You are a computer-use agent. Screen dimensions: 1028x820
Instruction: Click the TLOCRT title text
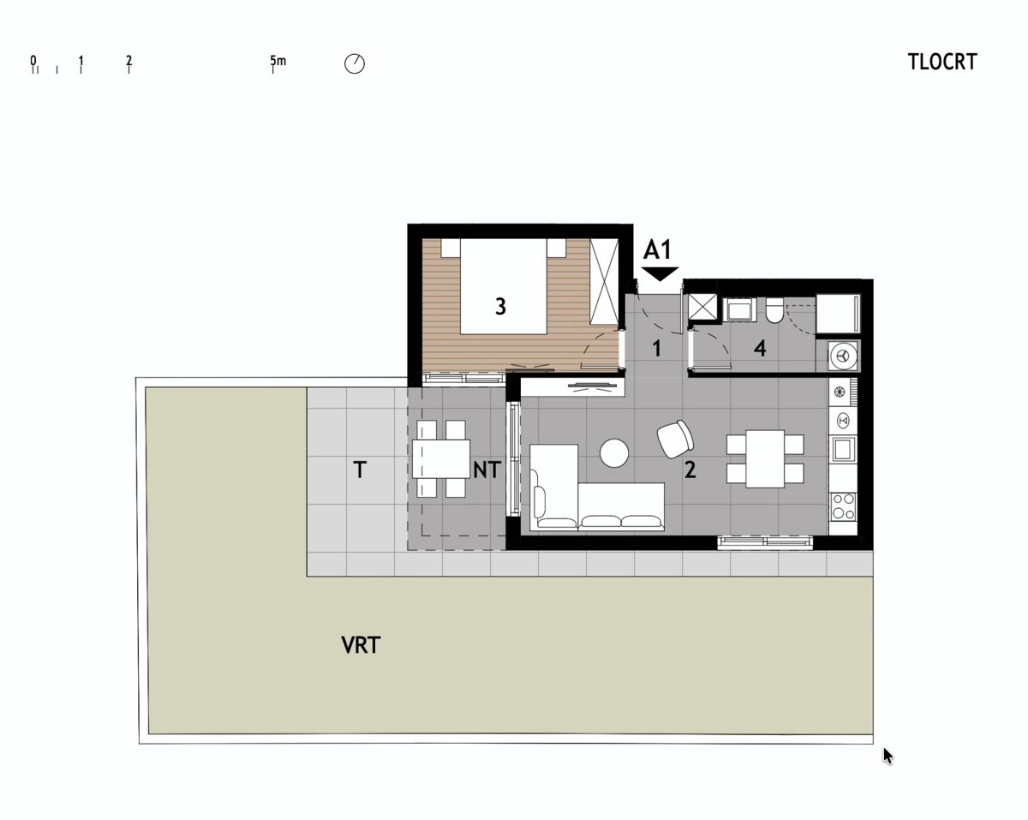(942, 62)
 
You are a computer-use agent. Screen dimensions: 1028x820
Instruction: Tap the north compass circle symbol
(355, 63)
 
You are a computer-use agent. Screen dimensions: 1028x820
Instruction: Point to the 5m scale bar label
(278, 61)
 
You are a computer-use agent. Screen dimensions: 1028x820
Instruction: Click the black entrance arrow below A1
(660, 274)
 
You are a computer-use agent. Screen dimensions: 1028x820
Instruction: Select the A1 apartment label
(657, 249)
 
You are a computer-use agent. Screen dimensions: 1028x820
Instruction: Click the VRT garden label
(361, 645)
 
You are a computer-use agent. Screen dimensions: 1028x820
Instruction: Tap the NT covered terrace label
(487, 470)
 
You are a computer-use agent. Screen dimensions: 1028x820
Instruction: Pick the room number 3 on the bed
(500, 306)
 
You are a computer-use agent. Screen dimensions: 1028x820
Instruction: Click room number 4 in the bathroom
(760, 349)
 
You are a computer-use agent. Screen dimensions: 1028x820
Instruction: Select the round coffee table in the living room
(614, 453)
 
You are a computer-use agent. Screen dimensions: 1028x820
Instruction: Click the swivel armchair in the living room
(675, 439)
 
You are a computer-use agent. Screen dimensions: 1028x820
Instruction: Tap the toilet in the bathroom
(774, 310)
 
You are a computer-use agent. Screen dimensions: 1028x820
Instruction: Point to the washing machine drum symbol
(843, 356)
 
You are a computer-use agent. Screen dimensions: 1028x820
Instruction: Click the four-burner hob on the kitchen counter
(843, 506)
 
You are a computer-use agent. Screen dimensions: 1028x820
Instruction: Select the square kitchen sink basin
(842, 449)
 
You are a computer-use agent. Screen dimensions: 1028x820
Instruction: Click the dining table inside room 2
(765, 458)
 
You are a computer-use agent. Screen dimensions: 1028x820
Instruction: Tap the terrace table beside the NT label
(441, 458)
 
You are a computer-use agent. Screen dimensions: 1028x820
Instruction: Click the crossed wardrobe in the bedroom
(604, 282)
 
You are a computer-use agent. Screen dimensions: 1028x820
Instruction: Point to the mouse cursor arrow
(888, 757)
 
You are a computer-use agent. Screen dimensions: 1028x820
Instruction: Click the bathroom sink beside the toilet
(739, 309)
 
